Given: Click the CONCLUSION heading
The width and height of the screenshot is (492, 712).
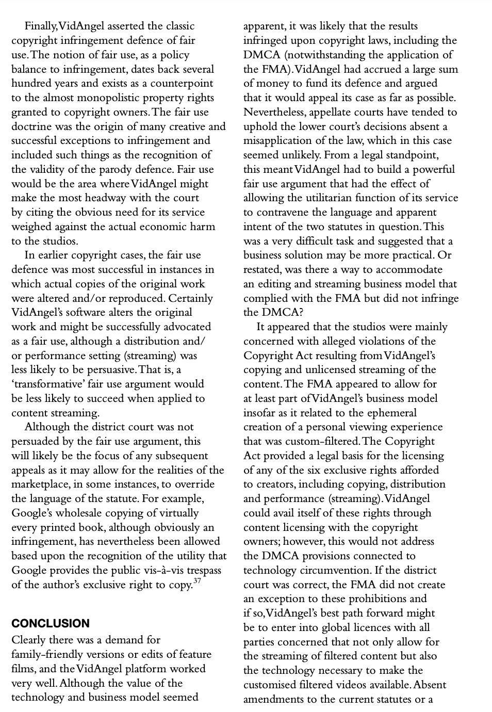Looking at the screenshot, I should pyautogui.click(x=50, y=623).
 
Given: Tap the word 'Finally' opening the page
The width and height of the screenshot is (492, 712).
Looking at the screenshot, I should pyautogui.click(x=41, y=26).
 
